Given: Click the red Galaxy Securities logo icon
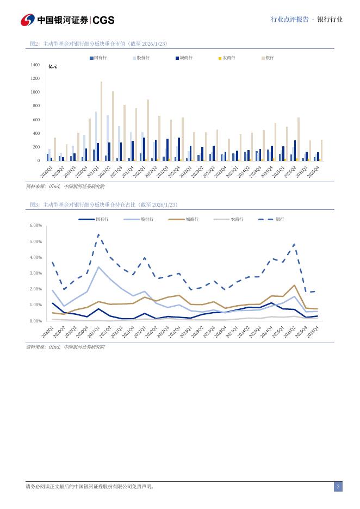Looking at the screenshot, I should click(x=28, y=20).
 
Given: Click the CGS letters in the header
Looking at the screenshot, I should click(x=103, y=20).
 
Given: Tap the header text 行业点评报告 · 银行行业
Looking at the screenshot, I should click(x=306, y=20).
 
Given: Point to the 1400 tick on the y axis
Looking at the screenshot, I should click(x=35, y=65).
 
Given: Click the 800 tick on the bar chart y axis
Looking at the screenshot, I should click(x=36, y=106).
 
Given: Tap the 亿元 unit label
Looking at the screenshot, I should click(x=53, y=66).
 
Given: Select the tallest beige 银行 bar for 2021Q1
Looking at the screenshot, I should click(x=101, y=121).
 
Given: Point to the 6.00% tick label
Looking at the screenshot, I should click(x=35, y=225).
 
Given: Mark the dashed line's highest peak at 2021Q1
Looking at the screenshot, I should click(x=98, y=234).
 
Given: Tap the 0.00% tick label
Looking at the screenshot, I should click(x=35, y=321).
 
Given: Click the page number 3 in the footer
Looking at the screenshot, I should click(x=338, y=486).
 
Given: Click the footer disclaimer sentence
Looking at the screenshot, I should click(x=90, y=487).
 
